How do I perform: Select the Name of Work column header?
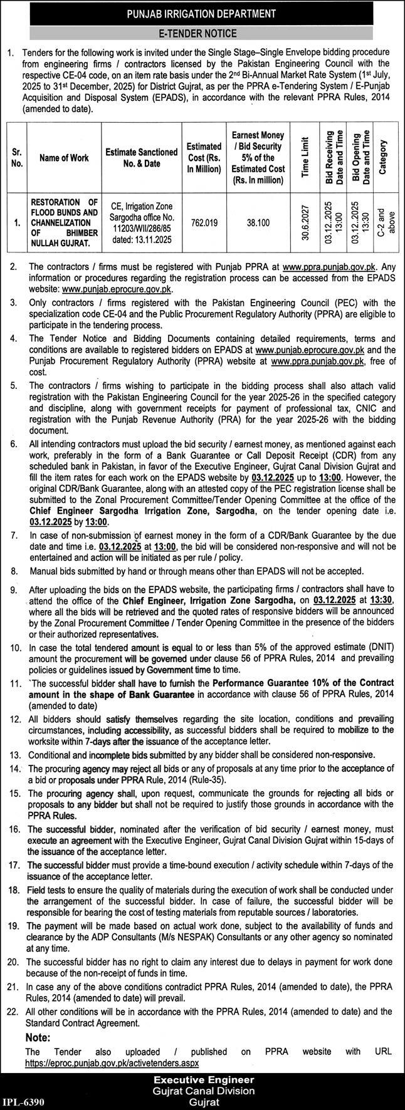click(x=63, y=158)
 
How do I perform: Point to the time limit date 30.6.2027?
click(x=305, y=222)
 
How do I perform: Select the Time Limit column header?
click(x=305, y=157)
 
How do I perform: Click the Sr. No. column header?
click(x=17, y=158)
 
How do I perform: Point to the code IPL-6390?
click(x=24, y=1101)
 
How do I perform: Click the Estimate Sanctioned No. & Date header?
click(x=141, y=158)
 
